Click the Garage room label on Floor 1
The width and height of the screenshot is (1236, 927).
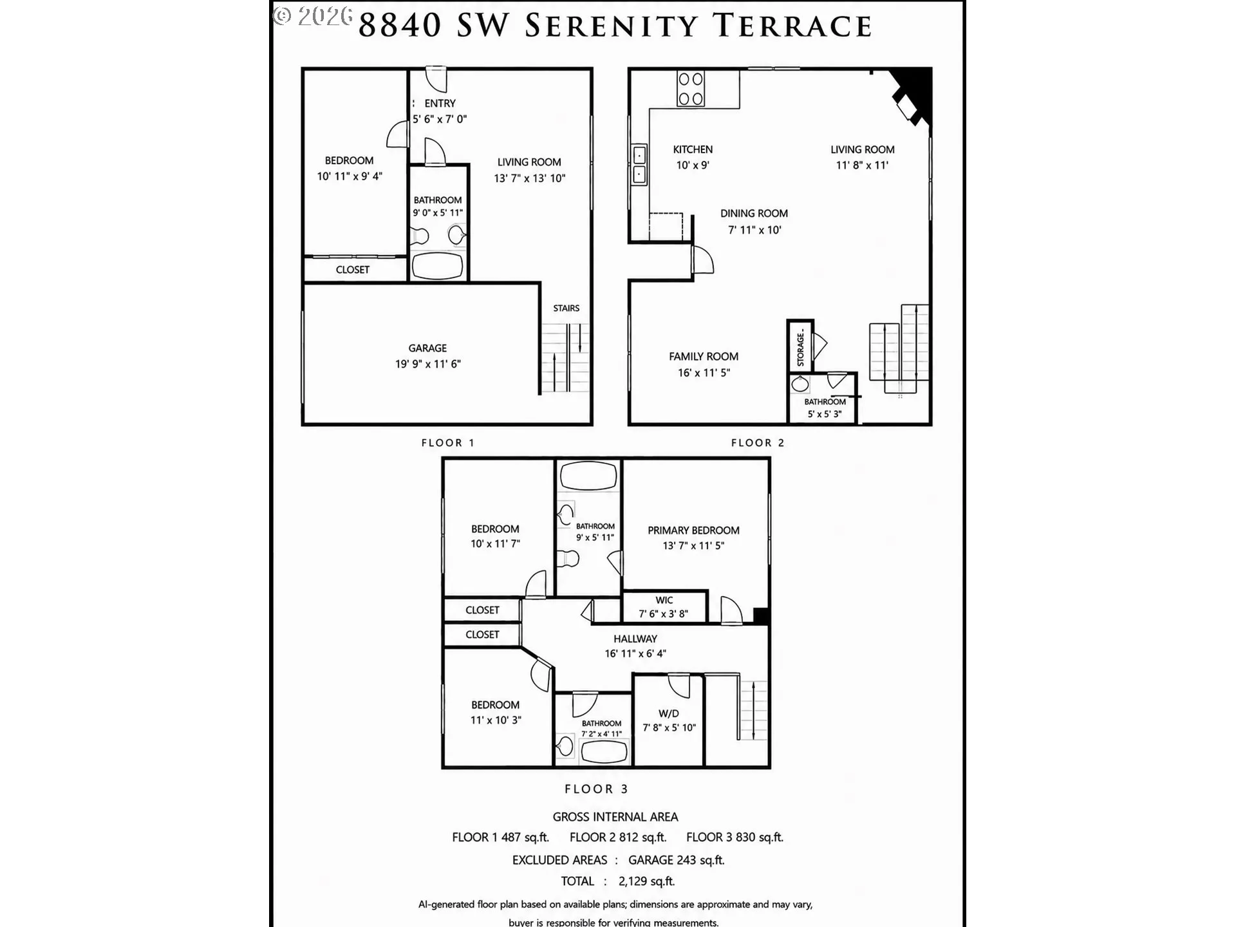[427, 348]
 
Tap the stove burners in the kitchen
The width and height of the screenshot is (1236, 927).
[691, 89]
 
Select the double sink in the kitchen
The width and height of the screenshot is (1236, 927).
[639, 165]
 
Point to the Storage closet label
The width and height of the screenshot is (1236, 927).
[801, 348]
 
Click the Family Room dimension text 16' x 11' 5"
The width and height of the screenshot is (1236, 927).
[704, 373]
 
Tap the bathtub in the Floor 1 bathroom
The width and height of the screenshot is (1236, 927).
[437, 266]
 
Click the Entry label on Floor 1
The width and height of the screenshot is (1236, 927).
[440, 103]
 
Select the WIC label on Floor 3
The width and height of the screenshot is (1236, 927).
[664, 600]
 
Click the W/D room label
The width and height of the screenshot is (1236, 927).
[669, 713]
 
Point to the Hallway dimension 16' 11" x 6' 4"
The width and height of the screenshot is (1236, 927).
[635, 653]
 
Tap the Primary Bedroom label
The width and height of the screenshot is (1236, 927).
[693, 530]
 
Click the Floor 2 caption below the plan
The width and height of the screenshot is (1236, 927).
[758, 443]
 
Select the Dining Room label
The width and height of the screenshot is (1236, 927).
[754, 214]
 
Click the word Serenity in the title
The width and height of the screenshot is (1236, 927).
[612, 26]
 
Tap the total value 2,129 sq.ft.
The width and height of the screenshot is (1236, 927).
[646, 881]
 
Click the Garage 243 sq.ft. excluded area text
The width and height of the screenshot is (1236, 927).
[677, 860]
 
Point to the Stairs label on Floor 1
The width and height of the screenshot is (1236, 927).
[566, 308]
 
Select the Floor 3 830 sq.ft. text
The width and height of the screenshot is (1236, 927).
[735, 838]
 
